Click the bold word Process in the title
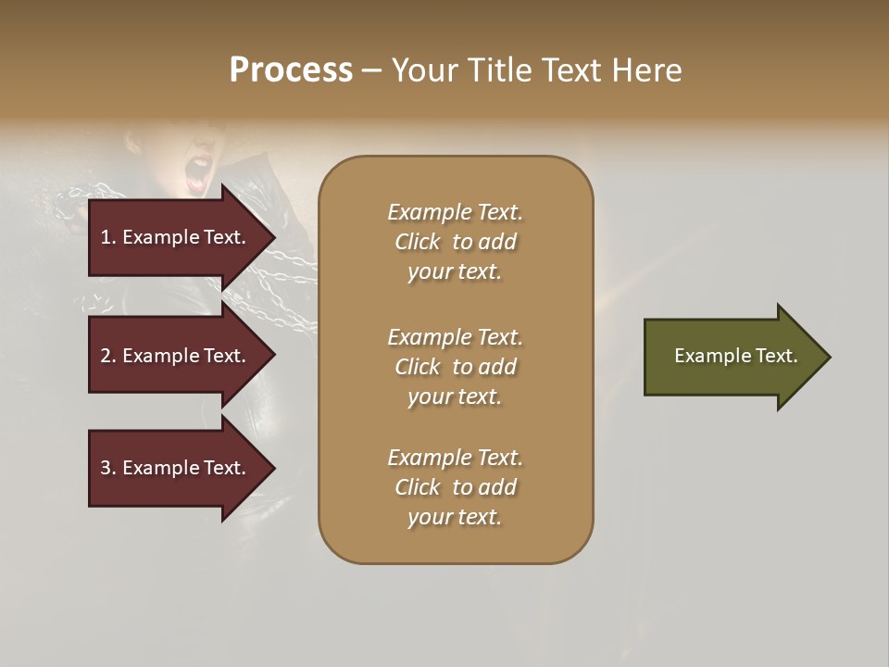click(291, 70)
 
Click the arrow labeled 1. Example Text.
click(176, 237)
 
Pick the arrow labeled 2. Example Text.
click(176, 356)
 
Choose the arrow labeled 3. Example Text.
click(176, 468)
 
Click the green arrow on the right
click(732, 357)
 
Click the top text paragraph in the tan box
click(455, 242)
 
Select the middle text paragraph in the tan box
click(455, 366)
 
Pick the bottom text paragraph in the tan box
click(455, 487)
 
